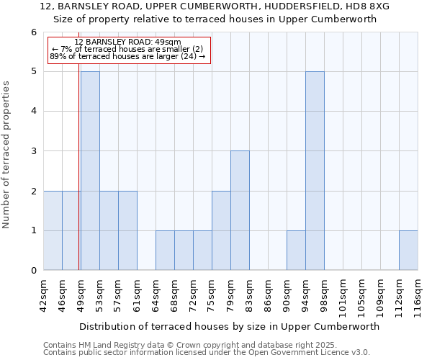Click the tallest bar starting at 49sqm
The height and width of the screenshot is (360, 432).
point(90,171)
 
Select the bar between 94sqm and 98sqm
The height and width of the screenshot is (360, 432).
point(315,171)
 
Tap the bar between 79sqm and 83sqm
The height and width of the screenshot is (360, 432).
point(240,210)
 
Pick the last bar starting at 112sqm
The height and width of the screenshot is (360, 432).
point(408,251)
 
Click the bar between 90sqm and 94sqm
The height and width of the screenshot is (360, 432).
point(296,251)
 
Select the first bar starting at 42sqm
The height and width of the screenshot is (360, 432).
point(53,230)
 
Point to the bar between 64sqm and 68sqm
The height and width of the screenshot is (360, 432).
point(165,251)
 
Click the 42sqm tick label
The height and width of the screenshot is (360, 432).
point(44,294)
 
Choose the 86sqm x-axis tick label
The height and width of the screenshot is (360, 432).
point(269,294)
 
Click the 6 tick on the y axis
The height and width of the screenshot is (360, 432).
point(33,32)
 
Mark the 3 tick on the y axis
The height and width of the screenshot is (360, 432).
point(33,151)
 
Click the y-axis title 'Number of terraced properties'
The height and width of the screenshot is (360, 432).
point(7,155)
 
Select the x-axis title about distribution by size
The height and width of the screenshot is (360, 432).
point(229,326)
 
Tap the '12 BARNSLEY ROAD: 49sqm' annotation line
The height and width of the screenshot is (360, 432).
point(128,42)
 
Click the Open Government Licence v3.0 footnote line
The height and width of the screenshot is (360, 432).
point(207,353)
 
